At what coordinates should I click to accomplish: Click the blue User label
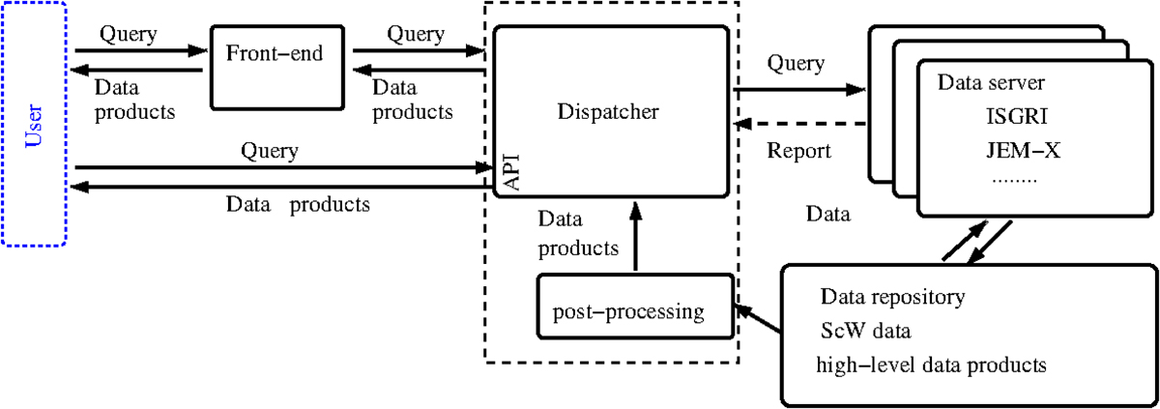tap(34, 125)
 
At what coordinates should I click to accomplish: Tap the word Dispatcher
tap(608, 111)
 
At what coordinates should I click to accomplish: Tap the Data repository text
tap(891, 297)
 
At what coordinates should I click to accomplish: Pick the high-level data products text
tap(932, 365)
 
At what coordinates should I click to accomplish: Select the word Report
tap(798, 151)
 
